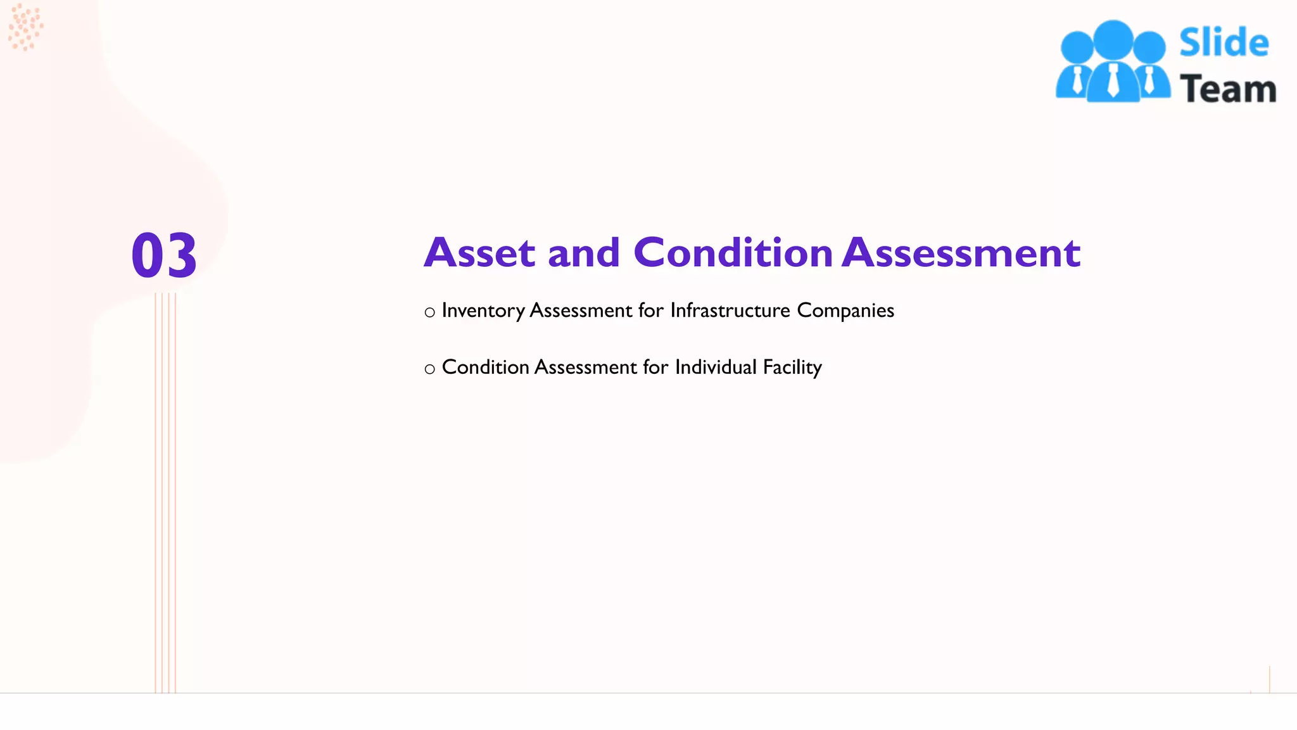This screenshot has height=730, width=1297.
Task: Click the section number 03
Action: coord(164,255)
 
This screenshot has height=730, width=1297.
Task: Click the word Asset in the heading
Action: coord(480,253)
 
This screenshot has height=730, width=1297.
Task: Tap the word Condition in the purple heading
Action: coord(733,253)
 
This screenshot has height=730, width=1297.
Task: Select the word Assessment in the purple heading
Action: coord(961,253)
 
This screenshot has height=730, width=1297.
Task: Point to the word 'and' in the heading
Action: coord(583,253)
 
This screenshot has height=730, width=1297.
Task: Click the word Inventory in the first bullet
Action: coord(483,311)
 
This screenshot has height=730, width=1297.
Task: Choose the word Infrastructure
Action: coord(730,311)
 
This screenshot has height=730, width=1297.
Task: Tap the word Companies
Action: coord(845,311)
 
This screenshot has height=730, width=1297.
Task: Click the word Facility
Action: coord(792,368)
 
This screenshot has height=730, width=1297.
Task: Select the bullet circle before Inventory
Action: coord(429,312)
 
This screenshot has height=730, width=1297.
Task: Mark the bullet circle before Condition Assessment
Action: coord(429,369)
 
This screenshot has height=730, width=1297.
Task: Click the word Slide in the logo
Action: coord(1224,43)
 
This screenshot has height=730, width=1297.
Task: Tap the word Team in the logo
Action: coord(1227,89)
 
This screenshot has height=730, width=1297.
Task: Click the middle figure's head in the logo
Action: coord(1113,40)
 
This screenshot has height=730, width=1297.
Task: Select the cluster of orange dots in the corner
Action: coord(25,27)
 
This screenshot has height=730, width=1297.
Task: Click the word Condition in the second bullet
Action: coord(485,368)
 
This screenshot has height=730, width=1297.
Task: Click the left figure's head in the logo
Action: coord(1077,47)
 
